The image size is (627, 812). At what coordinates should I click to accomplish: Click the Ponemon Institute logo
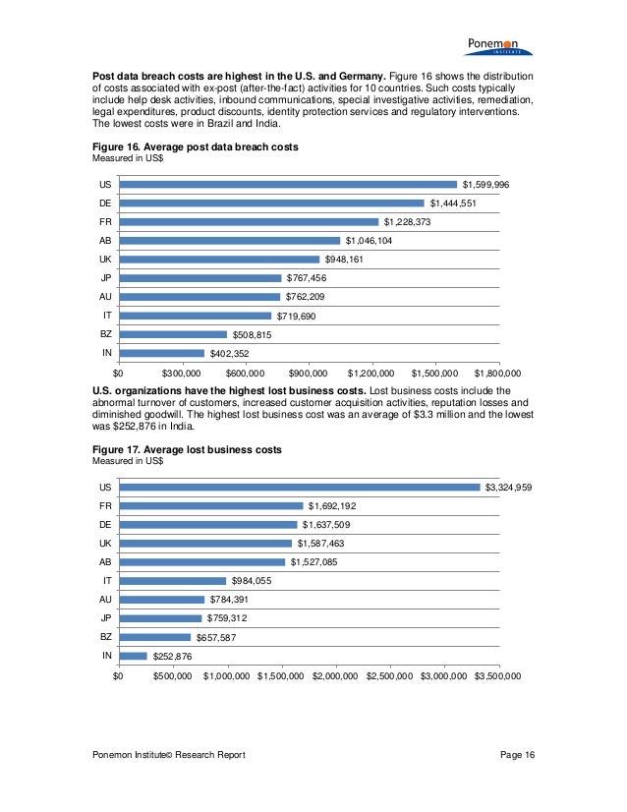pos(496,44)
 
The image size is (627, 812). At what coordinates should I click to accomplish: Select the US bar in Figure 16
pos(288,184)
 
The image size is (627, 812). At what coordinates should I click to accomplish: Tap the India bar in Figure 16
pos(161,353)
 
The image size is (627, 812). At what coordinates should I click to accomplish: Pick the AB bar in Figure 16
pos(229,241)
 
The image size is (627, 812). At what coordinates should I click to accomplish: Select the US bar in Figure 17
pos(300,487)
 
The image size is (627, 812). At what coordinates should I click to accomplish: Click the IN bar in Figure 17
pos(133,656)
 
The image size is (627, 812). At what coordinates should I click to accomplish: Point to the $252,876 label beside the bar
pos(172,657)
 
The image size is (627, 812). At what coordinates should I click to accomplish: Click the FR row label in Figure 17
pos(104,506)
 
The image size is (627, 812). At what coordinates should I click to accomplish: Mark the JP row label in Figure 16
pos(104,278)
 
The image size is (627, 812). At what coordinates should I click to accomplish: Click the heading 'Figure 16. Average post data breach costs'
pos(195,146)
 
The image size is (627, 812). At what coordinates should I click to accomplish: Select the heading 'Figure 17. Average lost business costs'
pos(187,449)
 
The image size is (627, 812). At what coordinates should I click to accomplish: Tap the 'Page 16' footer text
pos(516,754)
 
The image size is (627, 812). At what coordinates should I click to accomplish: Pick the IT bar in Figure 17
pos(172,581)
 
